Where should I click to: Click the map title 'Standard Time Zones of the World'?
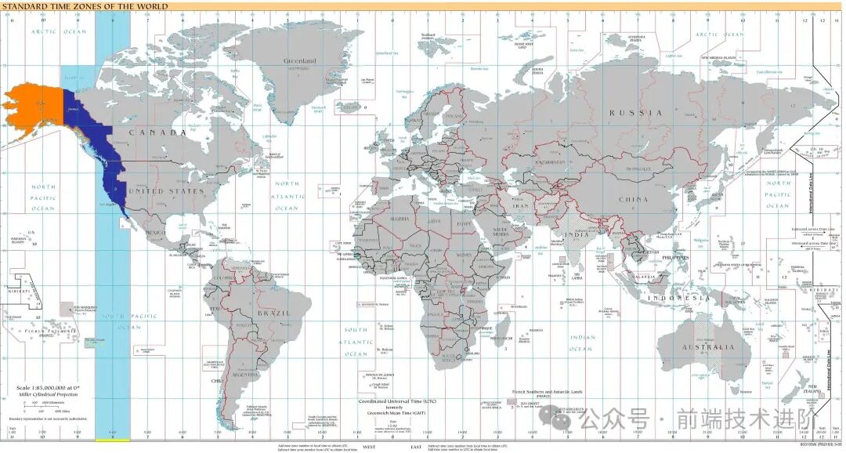(x=85, y=6)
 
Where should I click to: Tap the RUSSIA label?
(x=636, y=113)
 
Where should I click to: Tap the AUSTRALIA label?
(x=707, y=346)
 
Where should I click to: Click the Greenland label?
(x=299, y=61)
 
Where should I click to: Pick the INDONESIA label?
(x=678, y=298)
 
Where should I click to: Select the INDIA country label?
(x=578, y=234)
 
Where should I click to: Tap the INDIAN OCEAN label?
(x=581, y=343)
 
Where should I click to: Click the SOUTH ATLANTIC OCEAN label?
(x=357, y=342)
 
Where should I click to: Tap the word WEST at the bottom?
(x=369, y=447)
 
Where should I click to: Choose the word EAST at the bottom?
(x=415, y=447)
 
